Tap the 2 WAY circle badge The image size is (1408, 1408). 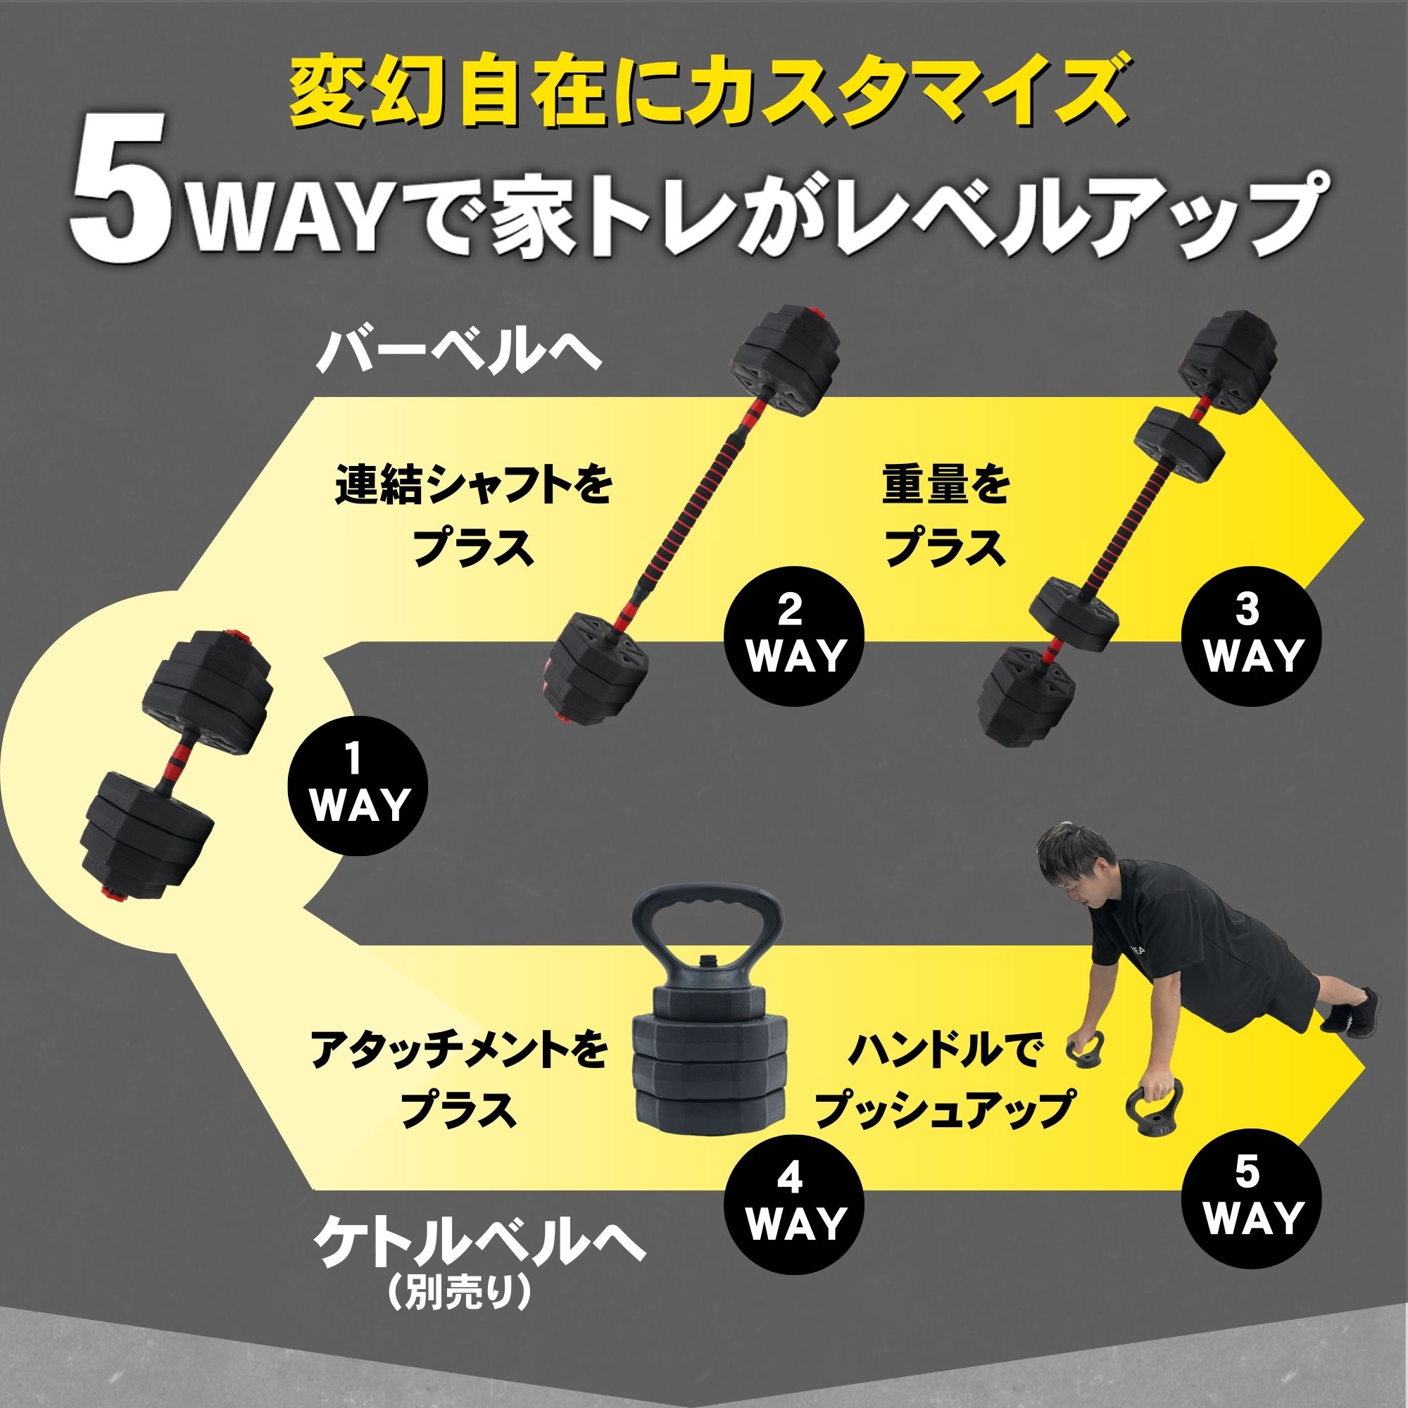coord(793,635)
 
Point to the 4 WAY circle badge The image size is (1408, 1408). coord(793,1204)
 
